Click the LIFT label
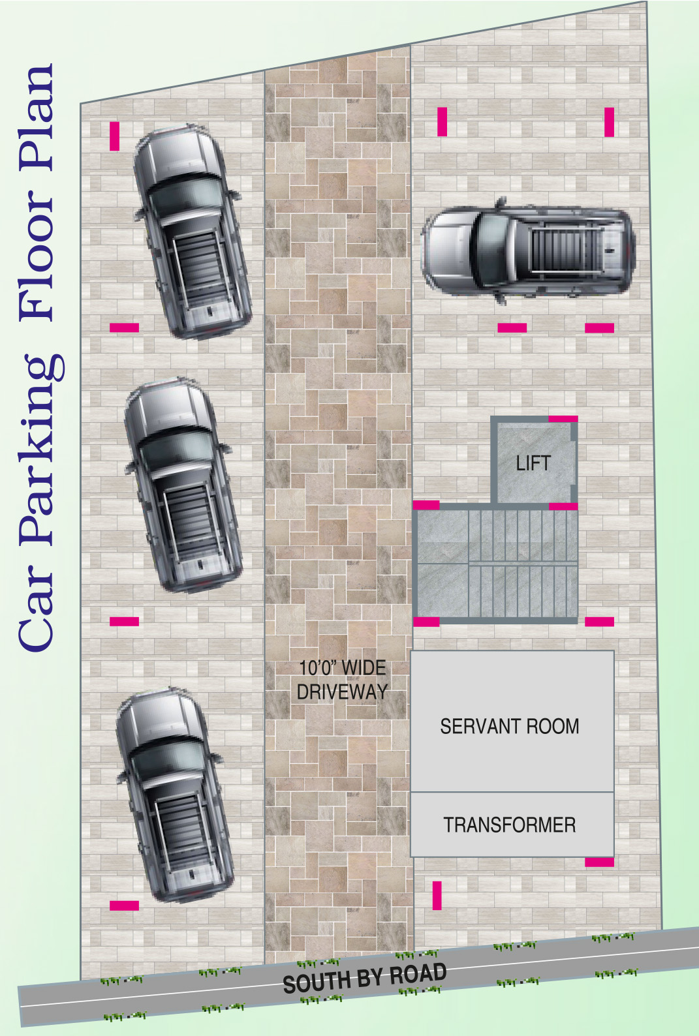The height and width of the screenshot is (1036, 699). (533, 463)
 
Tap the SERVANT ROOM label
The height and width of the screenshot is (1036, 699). (509, 726)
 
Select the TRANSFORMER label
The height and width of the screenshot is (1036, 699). (510, 825)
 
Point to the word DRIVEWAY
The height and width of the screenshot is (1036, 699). (343, 692)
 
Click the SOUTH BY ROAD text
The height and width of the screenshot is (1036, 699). (365, 978)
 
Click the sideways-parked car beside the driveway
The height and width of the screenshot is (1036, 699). (528, 251)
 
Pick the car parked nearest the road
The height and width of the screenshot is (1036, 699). (174, 794)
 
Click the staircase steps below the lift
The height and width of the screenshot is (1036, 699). (523, 564)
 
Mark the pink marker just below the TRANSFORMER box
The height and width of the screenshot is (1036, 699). (599, 862)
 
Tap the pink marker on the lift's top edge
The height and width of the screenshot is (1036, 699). (563, 419)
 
